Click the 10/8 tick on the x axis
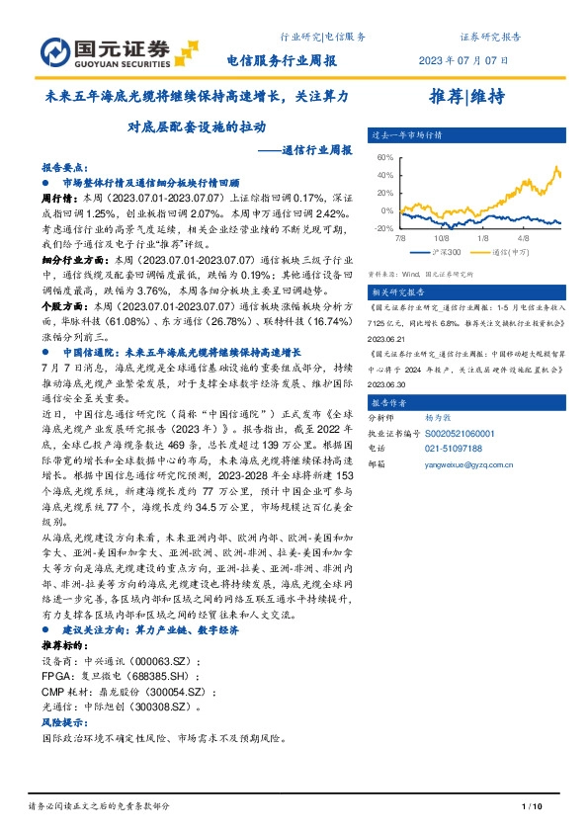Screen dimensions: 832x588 pos(441,238)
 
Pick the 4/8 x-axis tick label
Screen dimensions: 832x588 pos(523,238)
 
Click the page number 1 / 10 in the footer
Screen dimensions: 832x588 pos(532,807)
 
